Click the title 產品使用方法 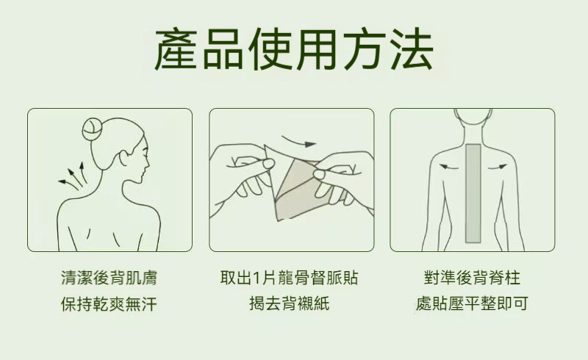[x=293, y=49]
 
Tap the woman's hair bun [x=93, y=129]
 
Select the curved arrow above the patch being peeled [x=299, y=142]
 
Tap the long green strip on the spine [x=473, y=193]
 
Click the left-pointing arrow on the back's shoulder [x=448, y=166]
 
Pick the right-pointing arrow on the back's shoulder [x=498, y=166]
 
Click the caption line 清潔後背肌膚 [x=109, y=278]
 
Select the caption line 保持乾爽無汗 [x=109, y=303]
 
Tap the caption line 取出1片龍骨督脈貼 [x=289, y=278]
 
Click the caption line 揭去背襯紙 [x=289, y=303]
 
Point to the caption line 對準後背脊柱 [x=472, y=278]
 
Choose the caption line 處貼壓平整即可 [x=472, y=303]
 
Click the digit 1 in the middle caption [x=257, y=278]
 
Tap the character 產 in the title [x=176, y=49]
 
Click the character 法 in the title [x=412, y=49]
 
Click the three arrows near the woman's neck [x=72, y=176]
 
